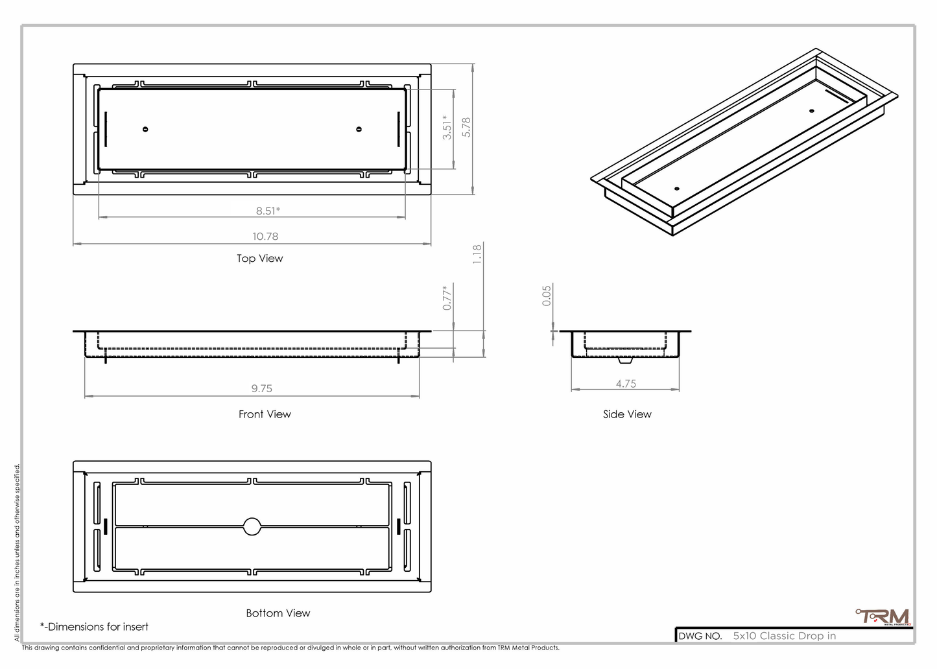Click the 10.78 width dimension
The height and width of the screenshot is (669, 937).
coord(265,237)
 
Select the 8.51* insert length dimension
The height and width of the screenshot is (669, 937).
coord(268,211)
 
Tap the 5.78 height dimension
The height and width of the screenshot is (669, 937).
coord(466,127)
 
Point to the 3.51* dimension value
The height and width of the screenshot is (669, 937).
coord(447,127)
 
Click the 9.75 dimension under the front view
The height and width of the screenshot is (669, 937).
coord(262,388)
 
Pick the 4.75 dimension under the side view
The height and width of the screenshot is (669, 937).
coord(626,384)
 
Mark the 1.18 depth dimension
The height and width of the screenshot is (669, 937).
coord(477,253)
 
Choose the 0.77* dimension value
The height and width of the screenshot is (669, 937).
coord(447,298)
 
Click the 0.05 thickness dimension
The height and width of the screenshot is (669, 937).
coord(547,296)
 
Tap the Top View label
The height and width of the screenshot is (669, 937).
coord(259,258)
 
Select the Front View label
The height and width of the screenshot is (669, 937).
coord(265,414)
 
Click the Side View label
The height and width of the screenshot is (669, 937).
coord(627,414)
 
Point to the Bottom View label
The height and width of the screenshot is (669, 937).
coord(278,613)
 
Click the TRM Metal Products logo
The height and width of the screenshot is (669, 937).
coord(883,616)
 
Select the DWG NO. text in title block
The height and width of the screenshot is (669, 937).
coord(700,636)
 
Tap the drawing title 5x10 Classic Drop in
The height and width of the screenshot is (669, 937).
coord(785,636)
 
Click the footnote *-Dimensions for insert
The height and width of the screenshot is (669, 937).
coord(95,627)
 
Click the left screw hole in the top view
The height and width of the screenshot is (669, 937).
coord(145,129)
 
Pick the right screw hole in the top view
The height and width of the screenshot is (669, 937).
coord(359,129)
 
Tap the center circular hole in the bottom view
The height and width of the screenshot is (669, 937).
coord(252,526)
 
